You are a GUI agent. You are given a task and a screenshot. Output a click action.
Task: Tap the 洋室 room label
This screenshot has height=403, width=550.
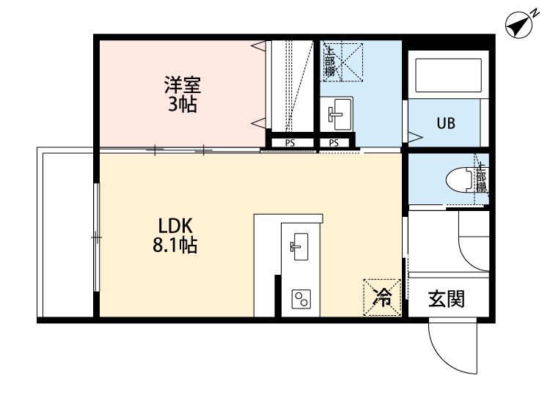[x=182, y=85]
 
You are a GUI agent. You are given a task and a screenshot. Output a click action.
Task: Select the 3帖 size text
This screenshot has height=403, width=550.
[x=182, y=104]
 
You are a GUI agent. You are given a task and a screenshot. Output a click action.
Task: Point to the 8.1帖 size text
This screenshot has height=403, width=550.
[x=175, y=245]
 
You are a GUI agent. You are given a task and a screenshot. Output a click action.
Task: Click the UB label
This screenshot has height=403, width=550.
[x=446, y=123]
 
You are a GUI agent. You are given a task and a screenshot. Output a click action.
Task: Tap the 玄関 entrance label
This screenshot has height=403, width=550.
[x=446, y=299]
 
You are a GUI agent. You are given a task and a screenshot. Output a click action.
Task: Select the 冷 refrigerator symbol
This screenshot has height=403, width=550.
[x=382, y=297]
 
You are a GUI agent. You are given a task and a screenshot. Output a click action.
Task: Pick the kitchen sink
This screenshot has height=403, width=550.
[x=299, y=245]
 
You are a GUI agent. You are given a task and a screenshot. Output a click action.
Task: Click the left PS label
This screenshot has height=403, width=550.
[x=290, y=143]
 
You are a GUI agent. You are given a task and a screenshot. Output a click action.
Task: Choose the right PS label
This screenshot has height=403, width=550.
[x=334, y=143]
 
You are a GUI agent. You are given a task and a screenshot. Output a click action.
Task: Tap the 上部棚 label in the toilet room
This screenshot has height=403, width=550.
[x=481, y=178]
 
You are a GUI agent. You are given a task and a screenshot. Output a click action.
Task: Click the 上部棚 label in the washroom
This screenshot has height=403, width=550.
[x=330, y=62]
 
